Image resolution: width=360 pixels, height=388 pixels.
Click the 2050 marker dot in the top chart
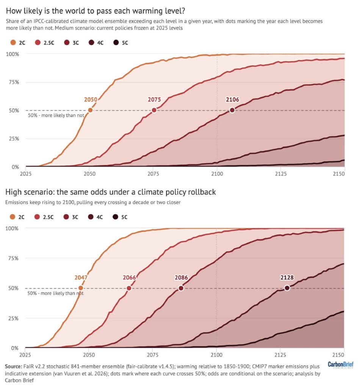[x=90, y=110]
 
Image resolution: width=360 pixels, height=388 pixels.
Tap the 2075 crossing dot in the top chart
[x=154, y=110]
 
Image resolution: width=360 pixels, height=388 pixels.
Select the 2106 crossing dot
[x=232, y=110]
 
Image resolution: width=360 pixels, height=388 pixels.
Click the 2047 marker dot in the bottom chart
[x=81, y=288]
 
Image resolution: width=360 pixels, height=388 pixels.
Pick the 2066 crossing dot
[x=129, y=288]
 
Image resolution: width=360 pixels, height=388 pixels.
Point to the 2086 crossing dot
[x=181, y=288]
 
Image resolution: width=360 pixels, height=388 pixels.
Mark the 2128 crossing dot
[x=287, y=288]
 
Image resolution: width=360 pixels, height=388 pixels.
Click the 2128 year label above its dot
[x=287, y=278]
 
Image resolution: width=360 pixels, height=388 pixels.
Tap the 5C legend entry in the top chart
[x=121, y=43]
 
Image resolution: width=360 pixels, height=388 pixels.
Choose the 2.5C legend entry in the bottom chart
[x=44, y=217]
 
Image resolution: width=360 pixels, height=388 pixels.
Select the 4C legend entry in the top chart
[x=96, y=43]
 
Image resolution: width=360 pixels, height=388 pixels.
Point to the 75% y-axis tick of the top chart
[x=14, y=82]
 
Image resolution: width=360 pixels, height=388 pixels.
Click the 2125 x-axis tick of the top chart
[x=281, y=174]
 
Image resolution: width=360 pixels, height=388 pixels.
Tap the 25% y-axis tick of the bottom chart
[x=13, y=318]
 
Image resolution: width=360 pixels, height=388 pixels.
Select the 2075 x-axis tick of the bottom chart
[x=153, y=355]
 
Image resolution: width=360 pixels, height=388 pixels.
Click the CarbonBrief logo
[x=341, y=365]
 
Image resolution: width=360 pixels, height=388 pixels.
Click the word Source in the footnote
[x=13, y=366]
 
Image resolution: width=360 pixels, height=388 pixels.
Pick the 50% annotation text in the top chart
[x=56, y=115]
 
